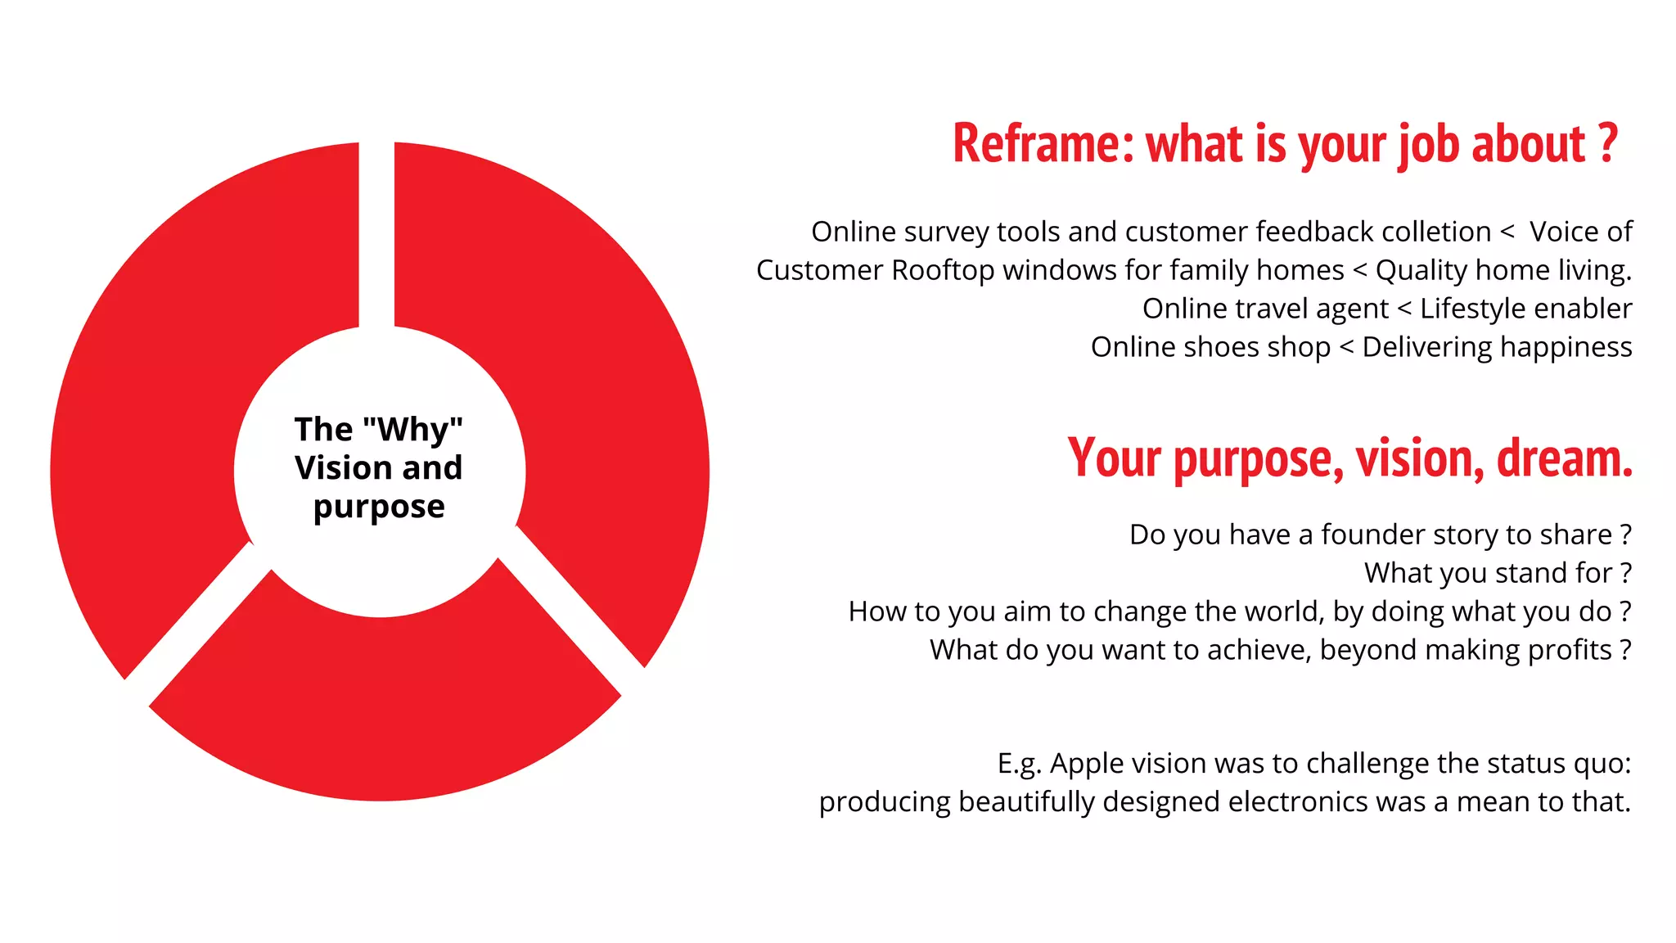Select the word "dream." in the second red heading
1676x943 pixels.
(x=1564, y=458)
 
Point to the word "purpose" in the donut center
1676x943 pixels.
(x=379, y=507)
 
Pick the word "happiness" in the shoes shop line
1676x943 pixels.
(x=1566, y=347)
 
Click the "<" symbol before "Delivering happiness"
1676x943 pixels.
(x=1346, y=347)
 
